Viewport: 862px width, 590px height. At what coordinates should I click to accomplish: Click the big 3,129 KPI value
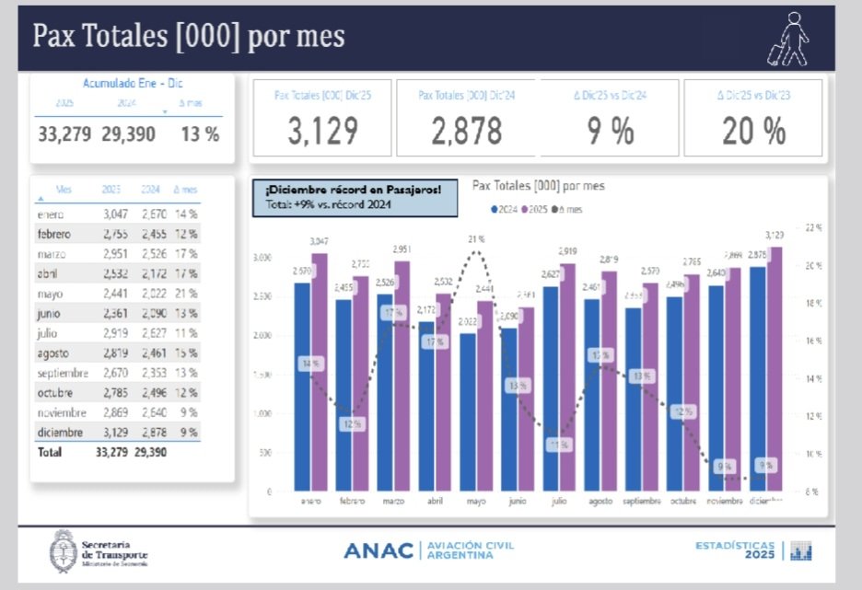coord(322,131)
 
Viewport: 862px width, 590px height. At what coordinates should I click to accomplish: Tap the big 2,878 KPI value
coord(466,131)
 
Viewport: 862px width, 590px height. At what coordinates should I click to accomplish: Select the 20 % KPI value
coord(753,131)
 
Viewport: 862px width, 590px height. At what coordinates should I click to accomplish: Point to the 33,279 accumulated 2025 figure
coord(64,134)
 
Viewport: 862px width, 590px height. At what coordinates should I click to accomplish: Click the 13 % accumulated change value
coord(200,134)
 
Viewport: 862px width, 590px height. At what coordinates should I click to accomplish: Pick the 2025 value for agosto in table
coord(114,353)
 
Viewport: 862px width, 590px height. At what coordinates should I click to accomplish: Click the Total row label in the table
coord(51,452)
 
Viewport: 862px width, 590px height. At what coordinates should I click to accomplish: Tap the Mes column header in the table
coord(64,190)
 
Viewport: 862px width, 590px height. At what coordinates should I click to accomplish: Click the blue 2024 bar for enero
coord(302,387)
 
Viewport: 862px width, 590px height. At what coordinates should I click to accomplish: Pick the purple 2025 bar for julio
coord(568,377)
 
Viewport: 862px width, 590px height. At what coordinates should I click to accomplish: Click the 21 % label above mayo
coord(475,239)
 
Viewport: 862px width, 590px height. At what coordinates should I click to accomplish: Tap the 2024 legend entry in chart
coord(505,210)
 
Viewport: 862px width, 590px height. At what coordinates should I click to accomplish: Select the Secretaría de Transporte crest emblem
coord(63,551)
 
